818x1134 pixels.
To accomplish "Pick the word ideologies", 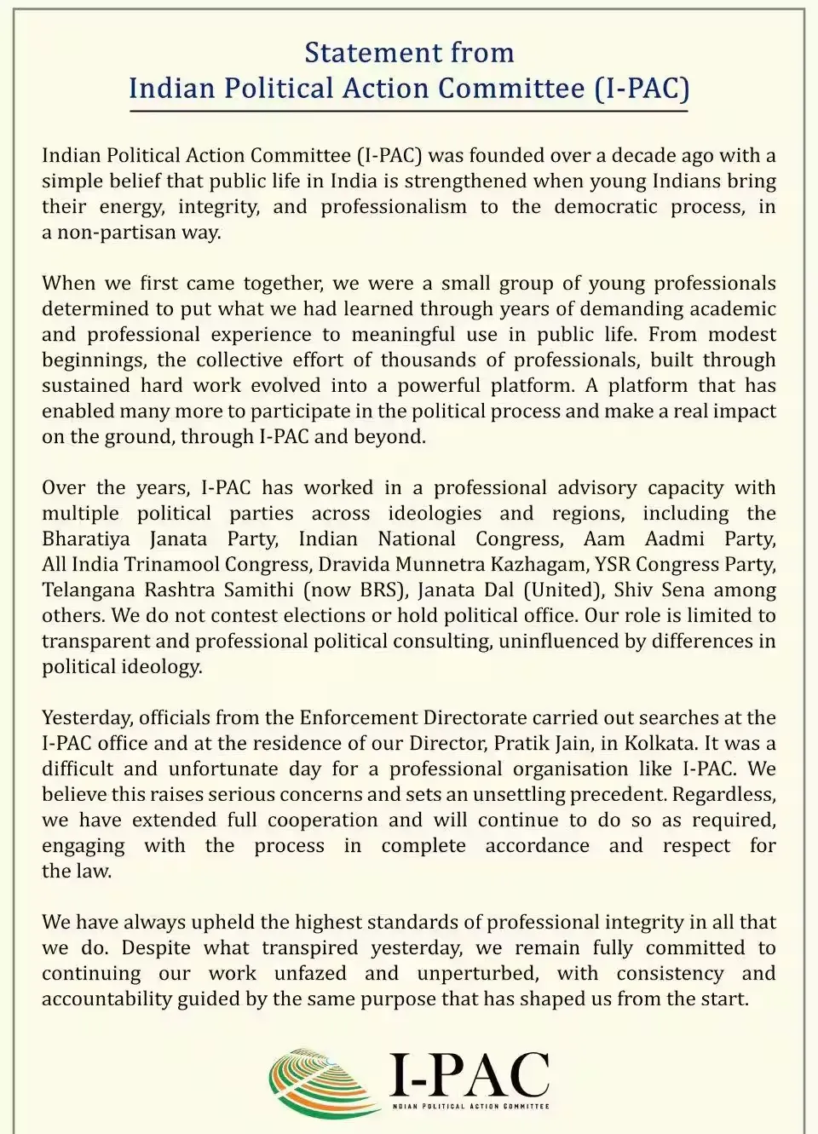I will click(x=435, y=513).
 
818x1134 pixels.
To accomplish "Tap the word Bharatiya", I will click(x=86, y=538).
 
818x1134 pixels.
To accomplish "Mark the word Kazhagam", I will click(x=538, y=564).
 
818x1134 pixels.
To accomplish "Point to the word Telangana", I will click(x=88, y=590).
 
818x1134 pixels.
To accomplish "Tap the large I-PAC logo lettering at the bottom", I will click(x=469, y=1075).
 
